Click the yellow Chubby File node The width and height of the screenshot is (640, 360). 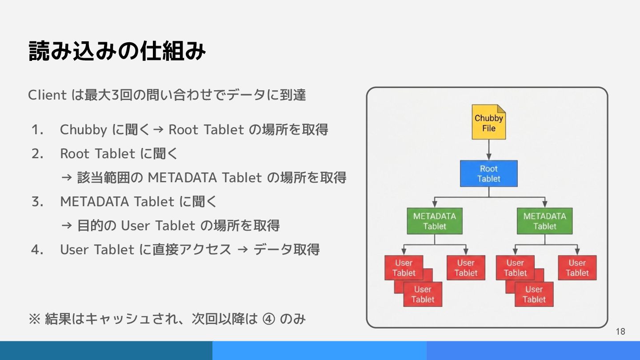pos(488,122)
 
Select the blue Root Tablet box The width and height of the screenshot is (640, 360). pos(488,173)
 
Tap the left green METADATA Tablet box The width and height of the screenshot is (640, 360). pos(434,221)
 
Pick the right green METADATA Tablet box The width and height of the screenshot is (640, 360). pos(544,221)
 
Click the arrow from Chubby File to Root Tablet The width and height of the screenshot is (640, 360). pos(488,150)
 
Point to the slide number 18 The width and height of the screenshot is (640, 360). pos(620,331)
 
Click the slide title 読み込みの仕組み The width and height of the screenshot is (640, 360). pos(117,51)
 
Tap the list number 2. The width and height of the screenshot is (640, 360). pos(37,154)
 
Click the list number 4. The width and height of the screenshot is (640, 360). pos(37,250)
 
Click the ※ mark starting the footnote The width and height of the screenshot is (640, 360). pos(34,319)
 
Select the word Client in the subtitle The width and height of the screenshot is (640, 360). pos(47,95)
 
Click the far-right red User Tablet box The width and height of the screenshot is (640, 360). pos(577,268)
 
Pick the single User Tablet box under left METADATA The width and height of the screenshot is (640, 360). pos(465,268)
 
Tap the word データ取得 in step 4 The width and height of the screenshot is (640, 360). pos(287,250)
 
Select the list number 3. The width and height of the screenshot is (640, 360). pos(37,202)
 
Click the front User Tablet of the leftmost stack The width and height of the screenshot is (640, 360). pos(423,294)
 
